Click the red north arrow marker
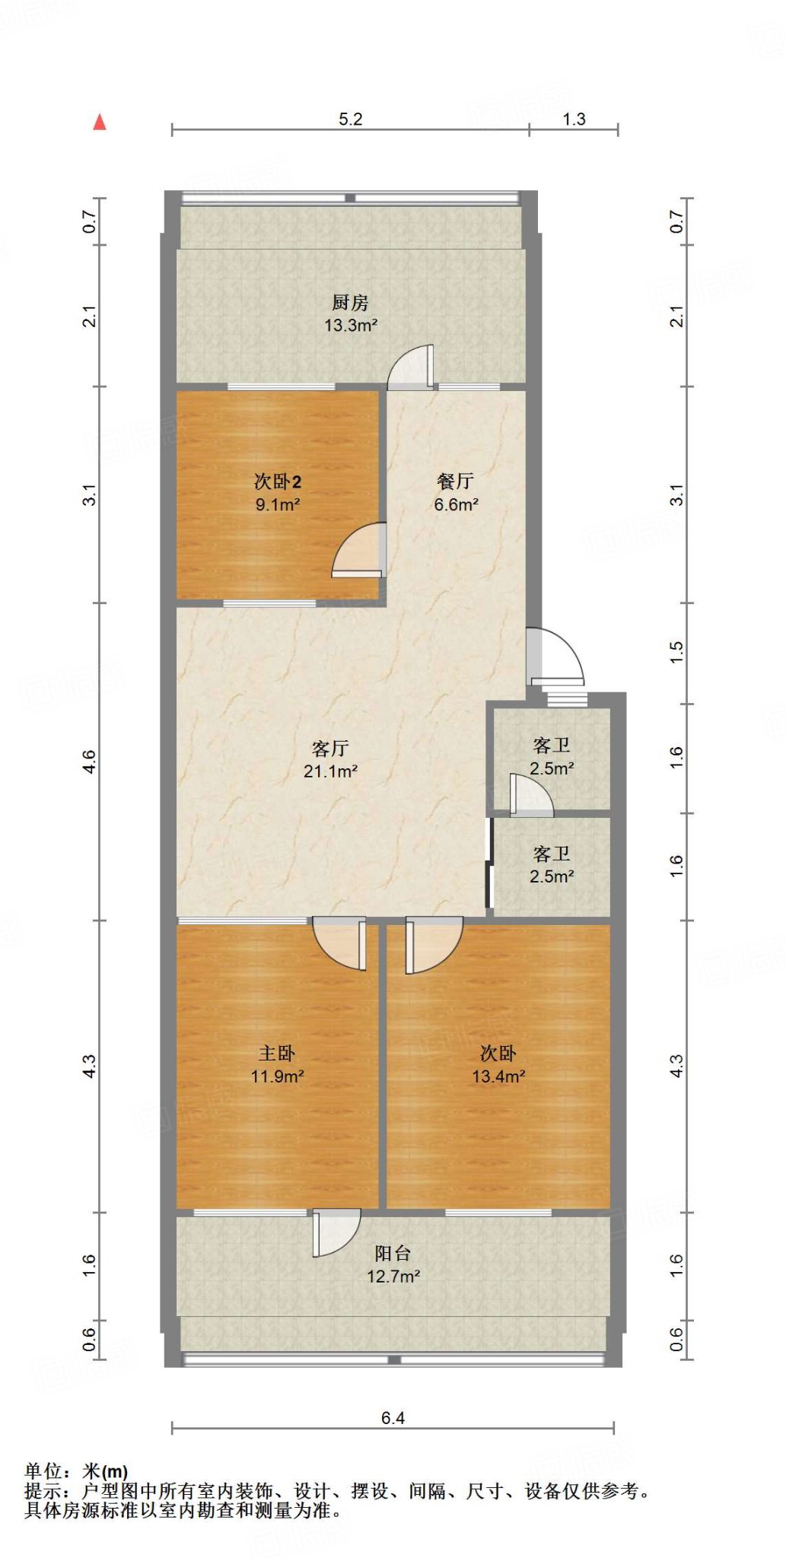click(100, 122)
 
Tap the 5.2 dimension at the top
click(350, 119)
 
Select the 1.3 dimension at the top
click(574, 119)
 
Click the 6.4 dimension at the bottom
click(393, 1418)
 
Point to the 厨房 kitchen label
click(350, 303)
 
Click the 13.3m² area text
click(351, 326)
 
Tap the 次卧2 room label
click(277, 482)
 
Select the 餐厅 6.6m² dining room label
click(456, 492)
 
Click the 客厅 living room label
click(330, 749)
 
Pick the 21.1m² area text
click(330, 771)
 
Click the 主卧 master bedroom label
click(277, 1053)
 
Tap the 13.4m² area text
click(498, 1076)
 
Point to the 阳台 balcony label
click(393, 1253)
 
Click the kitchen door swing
click(412, 367)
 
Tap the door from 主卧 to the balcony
click(335, 1232)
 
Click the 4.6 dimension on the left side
click(90, 762)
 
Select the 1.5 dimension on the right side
click(676, 653)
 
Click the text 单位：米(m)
click(76, 1471)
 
